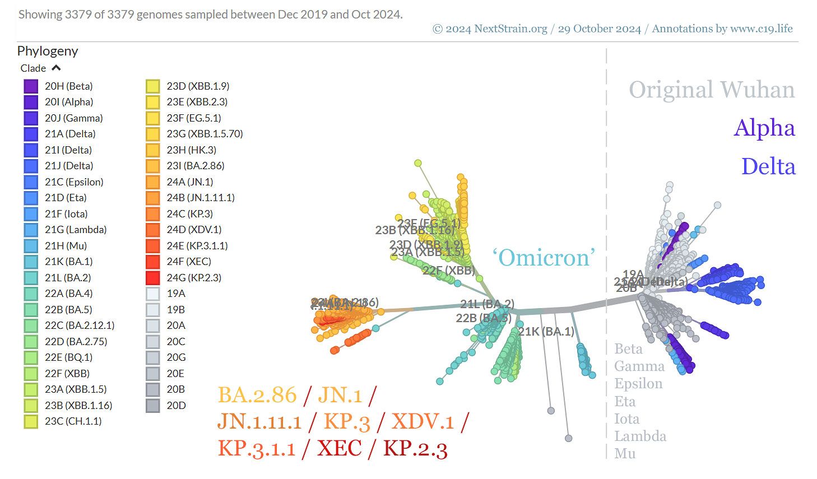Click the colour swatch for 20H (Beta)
[x=31, y=86]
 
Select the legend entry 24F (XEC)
[x=188, y=262]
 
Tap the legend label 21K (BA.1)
[x=68, y=262]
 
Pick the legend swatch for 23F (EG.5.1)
[x=152, y=118]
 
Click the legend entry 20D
[x=175, y=406]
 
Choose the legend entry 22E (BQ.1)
[x=68, y=357]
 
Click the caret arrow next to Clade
[x=55, y=68]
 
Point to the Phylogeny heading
[x=48, y=51]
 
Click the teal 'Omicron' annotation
[x=543, y=258]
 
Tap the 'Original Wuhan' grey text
[x=711, y=90]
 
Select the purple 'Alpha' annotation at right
[x=764, y=128]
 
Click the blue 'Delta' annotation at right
[x=768, y=166]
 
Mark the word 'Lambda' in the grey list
[x=640, y=436]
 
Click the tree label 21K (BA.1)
[x=546, y=332]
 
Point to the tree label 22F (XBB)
[x=448, y=271]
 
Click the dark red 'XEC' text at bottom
[x=339, y=448]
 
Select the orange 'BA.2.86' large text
[x=257, y=395]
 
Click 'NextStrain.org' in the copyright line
[x=510, y=29]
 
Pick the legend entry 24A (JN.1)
[x=189, y=182]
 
